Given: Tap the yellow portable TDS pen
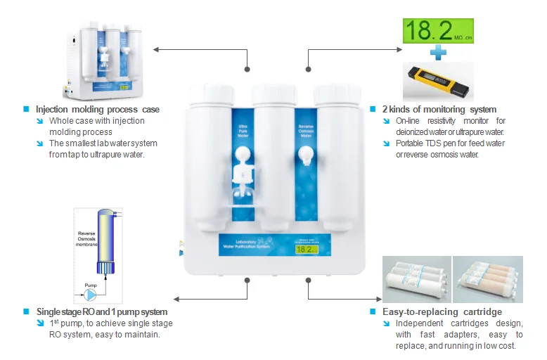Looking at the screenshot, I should (439, 80).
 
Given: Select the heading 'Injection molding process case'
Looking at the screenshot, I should (98, 110).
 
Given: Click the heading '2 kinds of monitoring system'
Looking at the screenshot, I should (439, 110).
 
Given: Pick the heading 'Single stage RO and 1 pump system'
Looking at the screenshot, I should (102, 311).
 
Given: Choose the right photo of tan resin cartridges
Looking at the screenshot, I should (487, 278).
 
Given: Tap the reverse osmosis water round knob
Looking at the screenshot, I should (305, 154).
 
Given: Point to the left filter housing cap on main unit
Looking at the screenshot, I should (208, 92).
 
